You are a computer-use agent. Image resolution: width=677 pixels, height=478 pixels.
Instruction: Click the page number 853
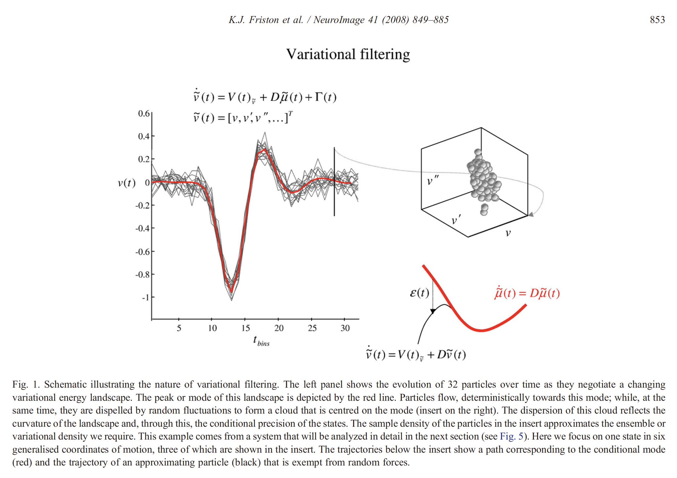tap(657, 20)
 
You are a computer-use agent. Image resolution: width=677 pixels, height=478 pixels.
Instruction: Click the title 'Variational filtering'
tap(348, 54)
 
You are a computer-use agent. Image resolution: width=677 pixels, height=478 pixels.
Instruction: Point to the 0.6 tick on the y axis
tap(144, 113)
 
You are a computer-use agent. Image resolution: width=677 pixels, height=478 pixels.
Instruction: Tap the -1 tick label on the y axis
tap(145, 297)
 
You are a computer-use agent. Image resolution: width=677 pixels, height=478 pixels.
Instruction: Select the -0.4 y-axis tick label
tap(142, 228)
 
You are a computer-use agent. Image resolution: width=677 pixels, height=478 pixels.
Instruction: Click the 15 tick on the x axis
tap(245, 328)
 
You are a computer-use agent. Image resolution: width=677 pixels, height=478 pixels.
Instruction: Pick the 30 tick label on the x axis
tap(345, 328)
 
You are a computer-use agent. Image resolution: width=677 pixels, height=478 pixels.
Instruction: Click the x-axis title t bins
tap(261, 341)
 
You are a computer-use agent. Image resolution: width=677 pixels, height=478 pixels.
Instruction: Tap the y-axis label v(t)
tap(127, 183)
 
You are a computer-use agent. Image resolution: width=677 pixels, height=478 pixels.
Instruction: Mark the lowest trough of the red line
tap(231, 292)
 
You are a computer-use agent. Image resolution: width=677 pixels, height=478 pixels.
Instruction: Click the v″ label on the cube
tap(433, 181)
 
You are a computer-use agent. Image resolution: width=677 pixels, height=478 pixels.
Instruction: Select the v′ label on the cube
tap(456, 220)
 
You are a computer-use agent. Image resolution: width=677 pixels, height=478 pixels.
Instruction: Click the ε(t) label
tap(419, 293)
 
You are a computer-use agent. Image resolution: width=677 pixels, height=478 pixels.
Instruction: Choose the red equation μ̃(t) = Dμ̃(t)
tap(527, 293)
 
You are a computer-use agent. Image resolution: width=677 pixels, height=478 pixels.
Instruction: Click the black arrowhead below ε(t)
tap(433, 311)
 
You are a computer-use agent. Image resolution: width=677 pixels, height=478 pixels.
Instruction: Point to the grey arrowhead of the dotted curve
tap(531, 215)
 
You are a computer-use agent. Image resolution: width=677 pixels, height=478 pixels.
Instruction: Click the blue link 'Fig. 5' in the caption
tap(511, 436)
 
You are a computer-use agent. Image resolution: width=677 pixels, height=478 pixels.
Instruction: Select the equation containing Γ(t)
tap(265, 97)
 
